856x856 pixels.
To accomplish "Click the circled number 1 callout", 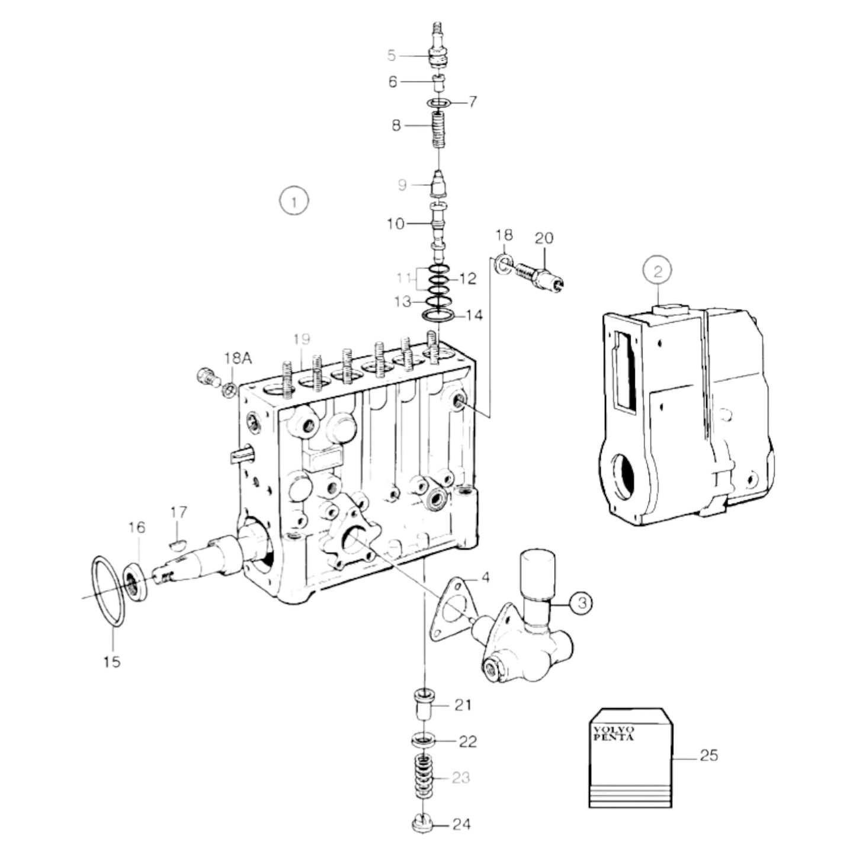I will (x=294, y=201).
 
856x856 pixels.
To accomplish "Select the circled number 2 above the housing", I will (x=658, y=272).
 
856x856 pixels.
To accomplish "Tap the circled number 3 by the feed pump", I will (x=581, y=602).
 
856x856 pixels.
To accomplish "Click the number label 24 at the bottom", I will (x=461, y=824).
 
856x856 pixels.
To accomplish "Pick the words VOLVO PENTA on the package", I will (x=614, y=733).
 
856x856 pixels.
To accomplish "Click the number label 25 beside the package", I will (x=708, y=755).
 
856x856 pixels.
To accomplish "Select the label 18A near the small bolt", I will (x=238, y=358).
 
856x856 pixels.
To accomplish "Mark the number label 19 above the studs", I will (x=302, y=339).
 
